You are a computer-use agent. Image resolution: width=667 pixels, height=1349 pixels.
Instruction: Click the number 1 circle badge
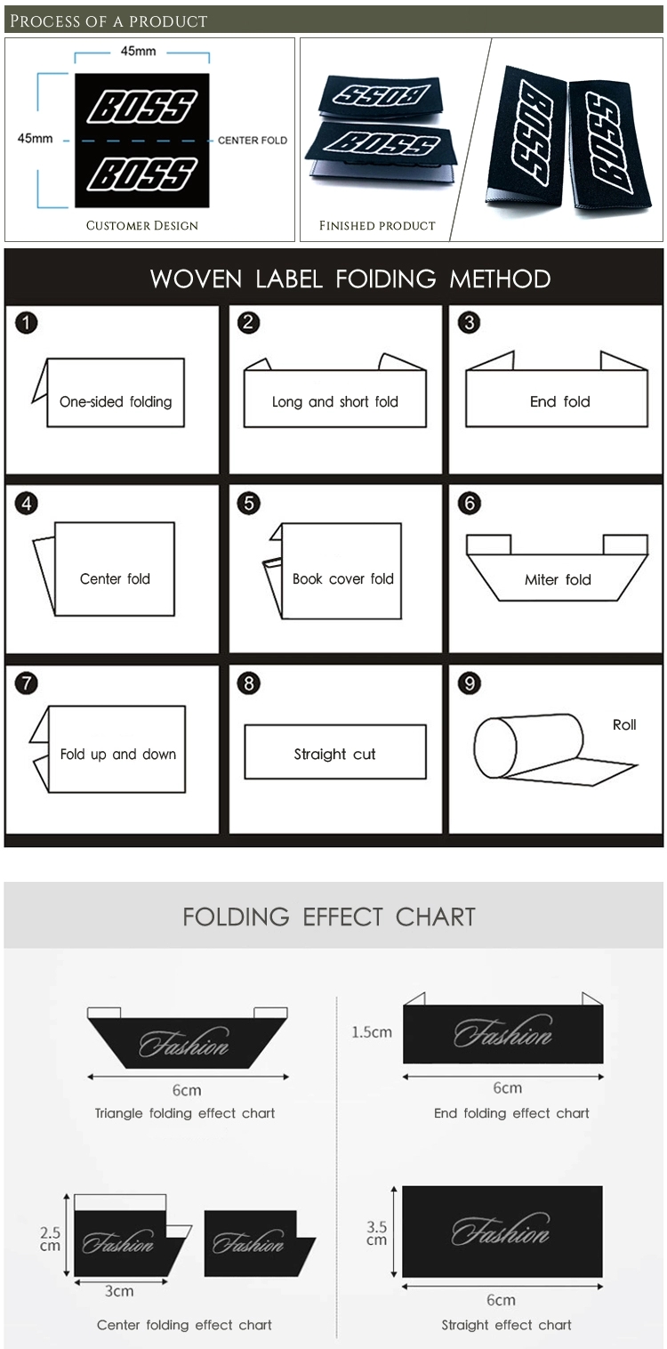point(26,323)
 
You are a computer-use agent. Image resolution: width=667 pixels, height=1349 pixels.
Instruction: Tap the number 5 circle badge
point(249,503)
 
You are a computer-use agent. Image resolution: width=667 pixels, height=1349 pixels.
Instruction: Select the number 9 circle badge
point(470,683)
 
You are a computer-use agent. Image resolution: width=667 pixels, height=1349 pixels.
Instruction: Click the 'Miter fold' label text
point(558,579)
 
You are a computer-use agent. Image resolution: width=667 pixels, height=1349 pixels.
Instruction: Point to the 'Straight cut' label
point(334,754)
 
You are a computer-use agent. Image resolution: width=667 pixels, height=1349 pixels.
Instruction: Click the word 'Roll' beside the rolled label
point(624,724)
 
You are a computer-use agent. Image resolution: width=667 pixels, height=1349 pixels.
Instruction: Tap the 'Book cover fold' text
point(343,578)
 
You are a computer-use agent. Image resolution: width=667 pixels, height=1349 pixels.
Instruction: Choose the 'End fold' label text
point(560,401)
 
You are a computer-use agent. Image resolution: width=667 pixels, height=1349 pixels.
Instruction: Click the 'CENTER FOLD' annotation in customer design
point(253,141)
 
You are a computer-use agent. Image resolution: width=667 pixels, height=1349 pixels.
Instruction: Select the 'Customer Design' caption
point(142,226)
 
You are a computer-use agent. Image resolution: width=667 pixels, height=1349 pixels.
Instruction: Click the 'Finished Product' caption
point(377,226)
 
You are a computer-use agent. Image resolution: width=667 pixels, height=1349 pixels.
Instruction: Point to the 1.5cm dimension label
point(372,1032)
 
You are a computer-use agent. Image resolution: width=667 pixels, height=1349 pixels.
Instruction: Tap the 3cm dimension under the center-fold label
point(119,1291)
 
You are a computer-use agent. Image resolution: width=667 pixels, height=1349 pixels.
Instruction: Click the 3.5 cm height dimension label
point(377,1232)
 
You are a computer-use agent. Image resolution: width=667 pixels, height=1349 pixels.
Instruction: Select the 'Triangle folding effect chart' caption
point(185,1113)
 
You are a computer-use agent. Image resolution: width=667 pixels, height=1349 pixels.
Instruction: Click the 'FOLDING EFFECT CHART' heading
point(329,917)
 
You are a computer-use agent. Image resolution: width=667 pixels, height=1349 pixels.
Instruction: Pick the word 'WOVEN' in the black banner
point(197,279)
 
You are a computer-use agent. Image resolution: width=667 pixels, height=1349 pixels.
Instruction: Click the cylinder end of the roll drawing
point(494,748)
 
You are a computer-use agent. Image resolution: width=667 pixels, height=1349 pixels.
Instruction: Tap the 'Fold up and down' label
point(118,754)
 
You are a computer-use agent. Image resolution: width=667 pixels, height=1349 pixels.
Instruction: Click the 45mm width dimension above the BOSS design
point(138,52)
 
